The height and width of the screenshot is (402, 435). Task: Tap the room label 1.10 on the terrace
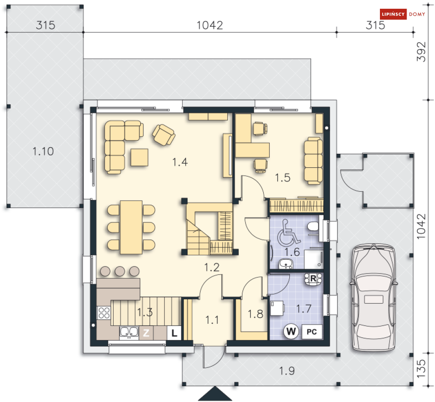click(x=43, y=151)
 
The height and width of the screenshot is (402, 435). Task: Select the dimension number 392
click(x=421, y=52)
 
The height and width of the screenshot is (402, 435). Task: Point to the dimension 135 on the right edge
click(x=421, y=368)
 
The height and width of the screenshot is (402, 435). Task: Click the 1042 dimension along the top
click(x=210, y=25)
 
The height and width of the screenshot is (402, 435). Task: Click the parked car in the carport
click(x=374, y=298)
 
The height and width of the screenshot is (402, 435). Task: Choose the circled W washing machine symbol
click(x=291, y=331)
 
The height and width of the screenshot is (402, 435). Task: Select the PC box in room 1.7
click(x=312, y=332)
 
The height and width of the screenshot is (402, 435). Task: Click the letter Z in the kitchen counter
click(x=146, y=333)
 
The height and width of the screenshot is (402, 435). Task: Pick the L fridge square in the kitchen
click(x=174, y=333)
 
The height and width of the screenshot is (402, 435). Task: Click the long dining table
click(x=131, y=227)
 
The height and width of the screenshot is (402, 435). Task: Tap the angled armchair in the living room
click(x=164, y=135)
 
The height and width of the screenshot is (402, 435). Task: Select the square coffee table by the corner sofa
click(x=139, y=157)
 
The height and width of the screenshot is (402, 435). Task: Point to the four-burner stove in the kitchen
click(x=104, y=313)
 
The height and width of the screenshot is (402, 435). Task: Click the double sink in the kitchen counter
click(x=129, y=333)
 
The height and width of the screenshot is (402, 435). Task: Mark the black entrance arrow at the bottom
click(x=215, y=393)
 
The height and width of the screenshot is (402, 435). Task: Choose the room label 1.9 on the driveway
click(x=287, y=371)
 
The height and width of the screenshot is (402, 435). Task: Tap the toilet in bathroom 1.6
click(x=313, y=226)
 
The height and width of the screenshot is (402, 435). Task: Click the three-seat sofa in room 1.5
click(x=313, y=160)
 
